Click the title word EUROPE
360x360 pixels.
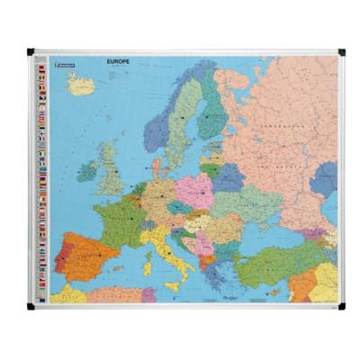pos(118,62)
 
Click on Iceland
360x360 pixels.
pos(81,85)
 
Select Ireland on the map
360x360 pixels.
pos(88,169)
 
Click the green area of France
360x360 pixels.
pos(118,220)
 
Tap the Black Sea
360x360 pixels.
pos(261,237)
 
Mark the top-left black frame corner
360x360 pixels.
pos(30,52)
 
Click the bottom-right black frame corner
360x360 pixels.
pos(340,306)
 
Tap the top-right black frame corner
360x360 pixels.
pos(340,52)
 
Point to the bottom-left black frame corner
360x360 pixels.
pos(30,306)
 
